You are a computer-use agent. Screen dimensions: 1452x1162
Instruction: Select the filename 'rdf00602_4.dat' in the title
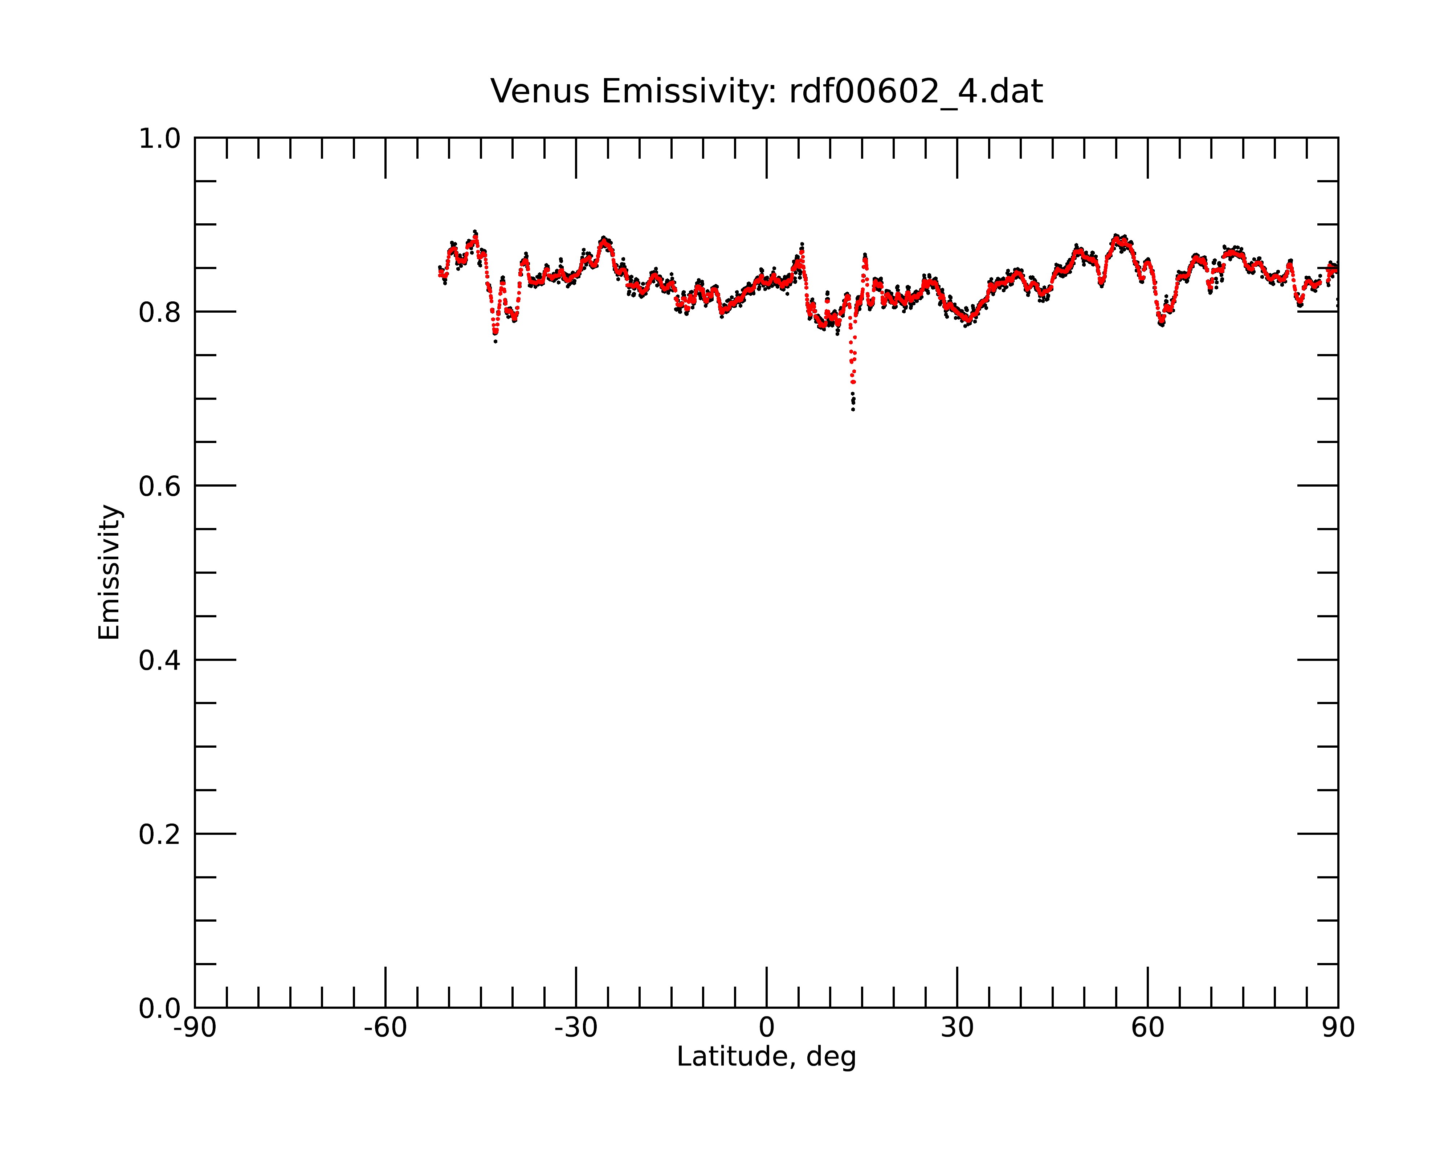click(x=916, y=92)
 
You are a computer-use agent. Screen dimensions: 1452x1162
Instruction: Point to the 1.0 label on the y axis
click(x=160, y=139)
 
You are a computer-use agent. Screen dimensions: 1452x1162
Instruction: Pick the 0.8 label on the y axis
click(x=160, y=313)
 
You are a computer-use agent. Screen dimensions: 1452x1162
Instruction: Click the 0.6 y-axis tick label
click(x=160, y=486)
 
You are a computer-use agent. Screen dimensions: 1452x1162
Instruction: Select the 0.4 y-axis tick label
click(x=160, y=661)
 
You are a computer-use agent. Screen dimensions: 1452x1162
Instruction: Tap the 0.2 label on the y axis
click(x=160, y=834)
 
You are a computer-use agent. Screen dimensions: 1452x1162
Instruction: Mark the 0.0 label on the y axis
click(x=160, y=1008)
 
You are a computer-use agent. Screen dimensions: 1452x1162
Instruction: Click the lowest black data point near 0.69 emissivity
click(x=853, y=410)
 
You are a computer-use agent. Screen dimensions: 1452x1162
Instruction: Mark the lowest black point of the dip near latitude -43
click(x=495, y=342)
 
